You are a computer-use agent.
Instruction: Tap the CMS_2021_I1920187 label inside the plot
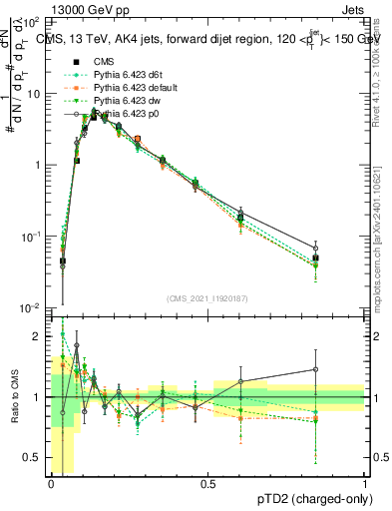pyautogui.click(x=207, y=298)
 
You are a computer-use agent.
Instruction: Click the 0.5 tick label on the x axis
pyautogui.click(x=207, y=484)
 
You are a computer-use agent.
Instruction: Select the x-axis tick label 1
pyautogui.click(x=364, y=484)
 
